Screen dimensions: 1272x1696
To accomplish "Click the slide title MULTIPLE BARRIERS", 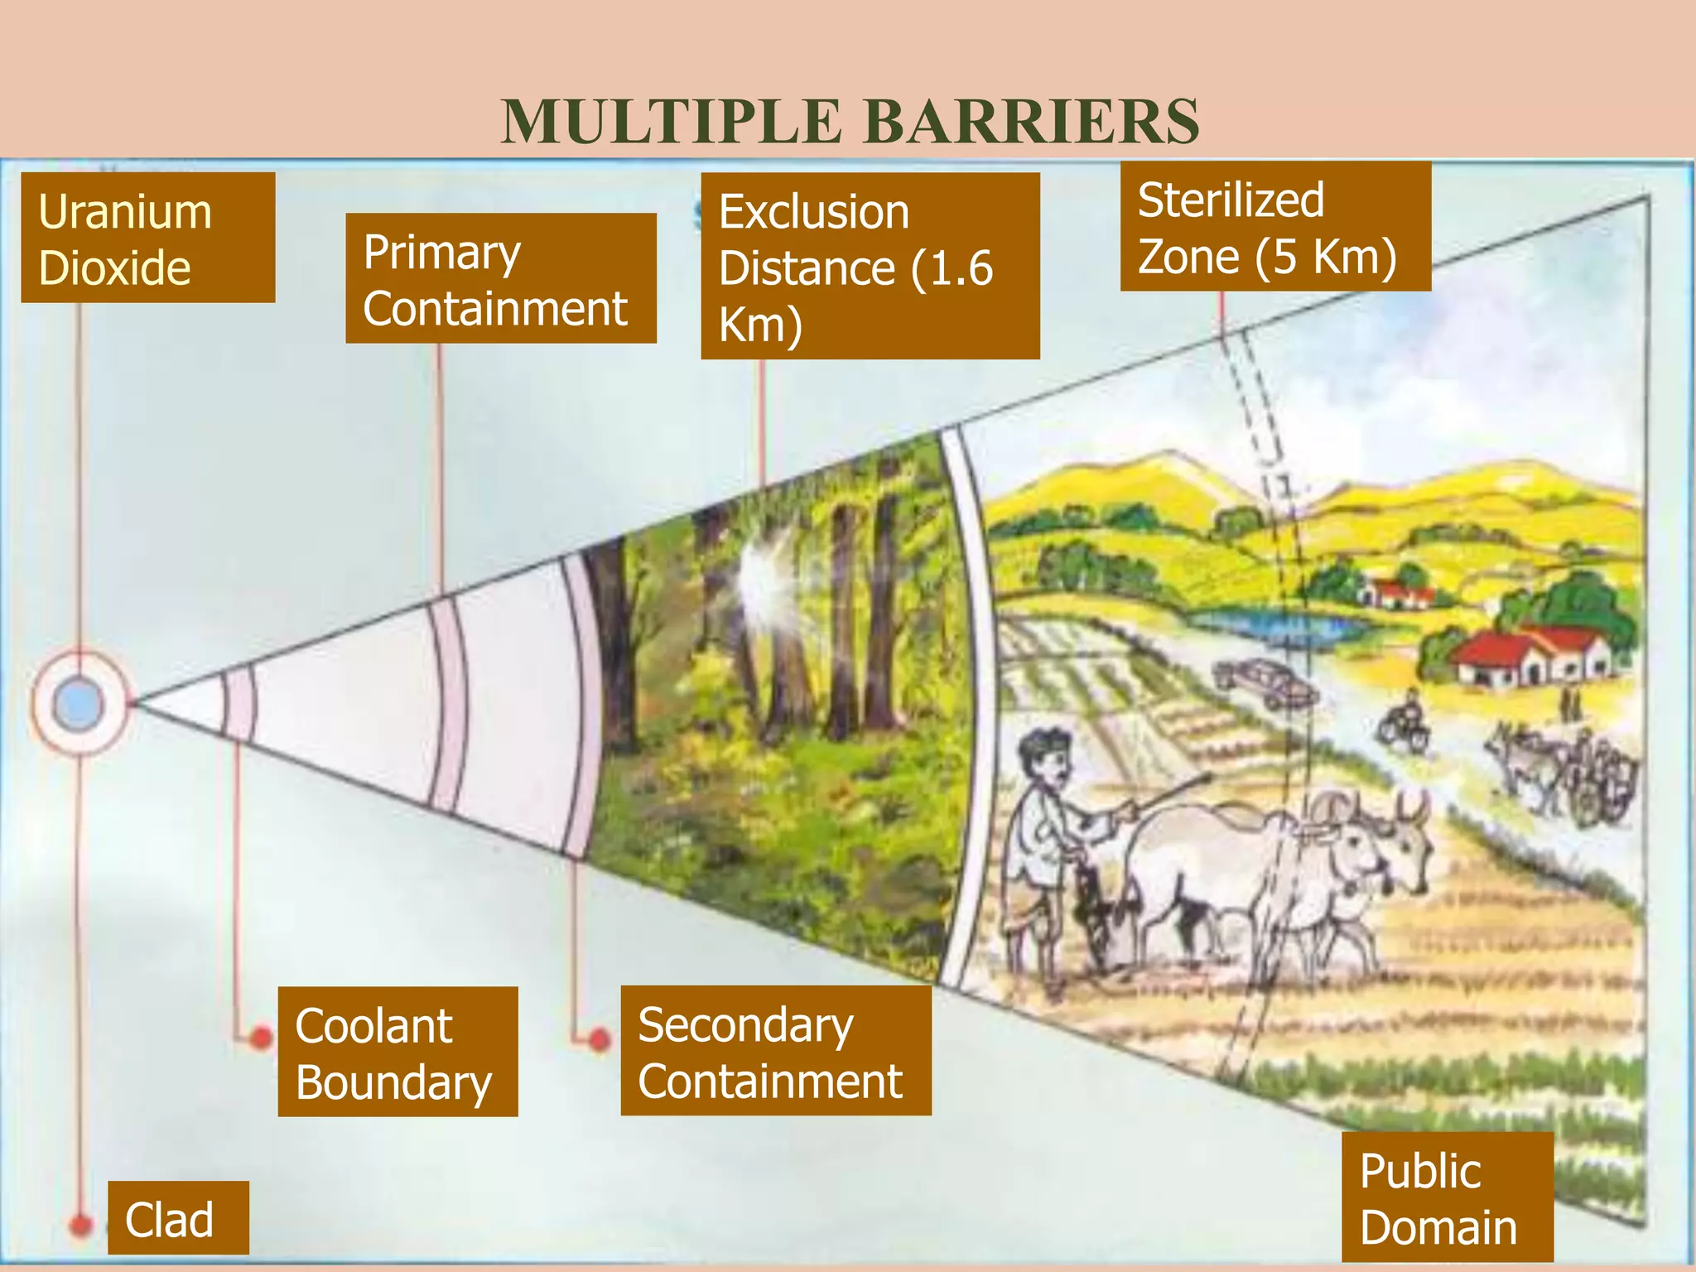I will tap(850, 121).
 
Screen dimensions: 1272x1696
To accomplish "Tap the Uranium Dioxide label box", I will tap(147, 238).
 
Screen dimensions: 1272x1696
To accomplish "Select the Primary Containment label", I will tap(500, 278).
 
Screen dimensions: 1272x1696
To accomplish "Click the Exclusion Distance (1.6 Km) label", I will tap(870, 266).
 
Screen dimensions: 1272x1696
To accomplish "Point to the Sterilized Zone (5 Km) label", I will tap(1274, 226).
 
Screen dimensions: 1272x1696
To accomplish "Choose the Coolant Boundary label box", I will tap(397, 1052).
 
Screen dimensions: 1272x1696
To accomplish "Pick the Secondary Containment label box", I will tap(775, 1051).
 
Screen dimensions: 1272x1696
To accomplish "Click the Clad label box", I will tap(178, 1217).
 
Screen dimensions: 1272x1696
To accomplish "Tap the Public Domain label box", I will tap(1447, 1197).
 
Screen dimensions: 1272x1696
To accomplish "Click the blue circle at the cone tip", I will tap(79, 705).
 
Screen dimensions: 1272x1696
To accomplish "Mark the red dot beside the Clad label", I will tap(80, 1224).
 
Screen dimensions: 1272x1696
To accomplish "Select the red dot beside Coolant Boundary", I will tap(261, 1037).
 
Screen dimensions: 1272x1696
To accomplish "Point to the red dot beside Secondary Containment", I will tap(600, 1038).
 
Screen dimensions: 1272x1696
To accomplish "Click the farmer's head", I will tap(1046, 758).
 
